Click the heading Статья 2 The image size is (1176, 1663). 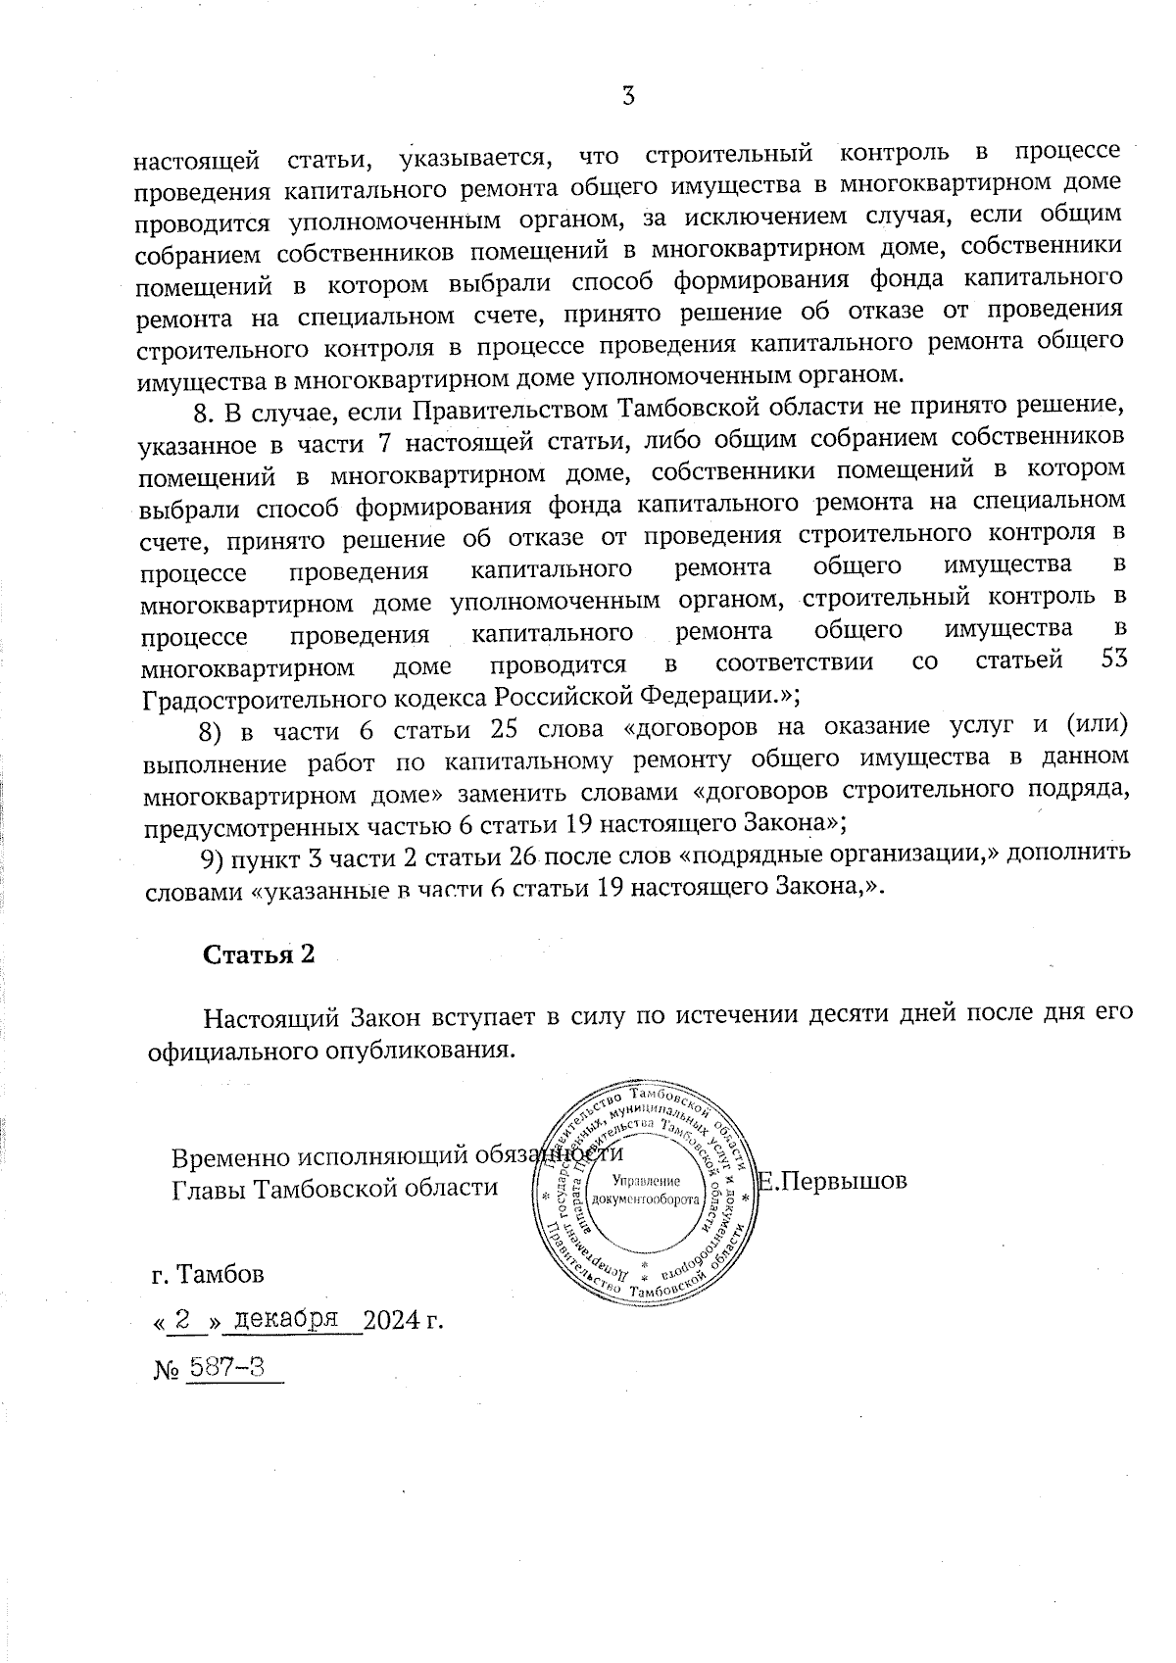pos(259,954)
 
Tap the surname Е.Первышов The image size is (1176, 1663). pos(833,1181)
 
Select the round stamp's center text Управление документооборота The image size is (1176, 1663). pos(647,1191)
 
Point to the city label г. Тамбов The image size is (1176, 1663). pos(208,1275)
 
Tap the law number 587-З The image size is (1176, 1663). pos(225,1367)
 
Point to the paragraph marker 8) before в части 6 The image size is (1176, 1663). pos(212,731)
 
